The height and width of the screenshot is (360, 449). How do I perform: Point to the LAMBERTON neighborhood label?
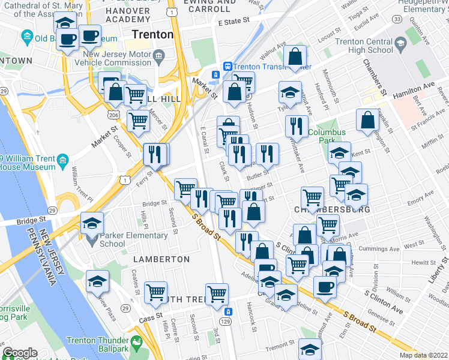coord(162,259)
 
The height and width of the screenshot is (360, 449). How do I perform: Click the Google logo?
coord(20,353)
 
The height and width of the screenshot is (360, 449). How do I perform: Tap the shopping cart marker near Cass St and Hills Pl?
coord(155,292)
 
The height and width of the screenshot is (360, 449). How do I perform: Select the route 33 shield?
coord(397,20)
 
